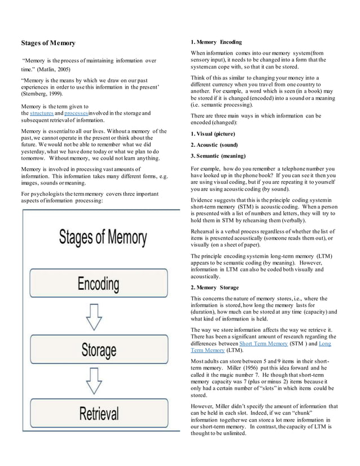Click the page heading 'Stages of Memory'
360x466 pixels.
48,43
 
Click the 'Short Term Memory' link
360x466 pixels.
264,342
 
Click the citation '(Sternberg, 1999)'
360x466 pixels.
42,94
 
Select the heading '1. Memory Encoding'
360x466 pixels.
217,42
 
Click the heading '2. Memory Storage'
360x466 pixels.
214,287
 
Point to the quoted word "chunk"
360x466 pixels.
332,412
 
